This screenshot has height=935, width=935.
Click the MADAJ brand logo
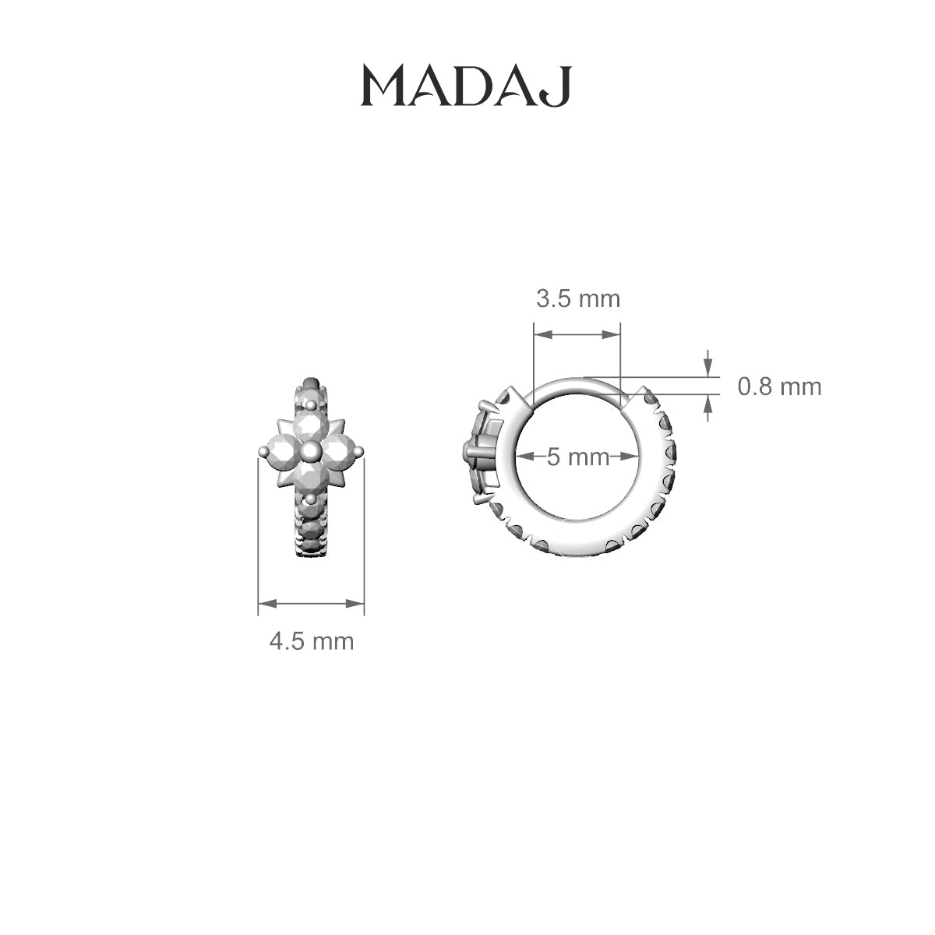pyautogui.click(x=467, y=86)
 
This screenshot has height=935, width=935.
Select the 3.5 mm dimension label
pyautogui.click(x=578, y=299)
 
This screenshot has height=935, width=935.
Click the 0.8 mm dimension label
pyautogui.click(x=779, y=386)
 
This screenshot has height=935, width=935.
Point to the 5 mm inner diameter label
pyautogui.click(x=578, y=457)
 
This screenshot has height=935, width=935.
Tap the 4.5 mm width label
pyautogui.click(x=312, y=641)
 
